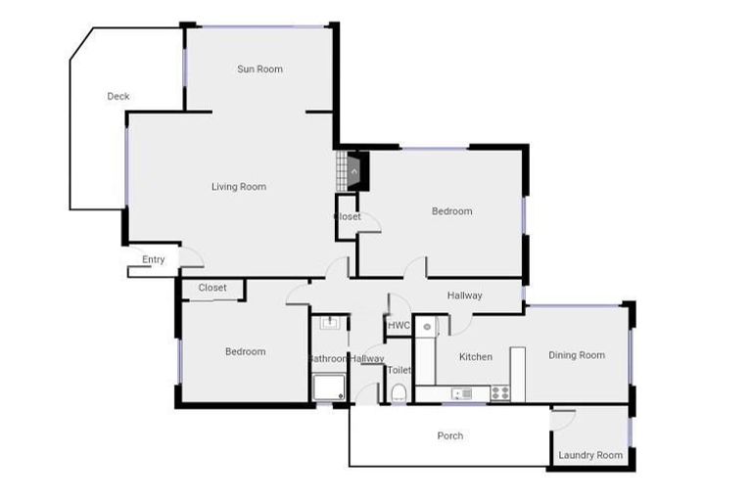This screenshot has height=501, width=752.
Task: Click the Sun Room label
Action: [259, 69]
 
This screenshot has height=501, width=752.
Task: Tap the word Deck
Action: [118, 96]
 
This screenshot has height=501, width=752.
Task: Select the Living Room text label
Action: [239, 187]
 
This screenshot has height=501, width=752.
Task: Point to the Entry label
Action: [154, 259]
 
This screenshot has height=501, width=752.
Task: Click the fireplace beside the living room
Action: [352, 171]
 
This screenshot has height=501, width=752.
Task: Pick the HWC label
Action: [399, 326]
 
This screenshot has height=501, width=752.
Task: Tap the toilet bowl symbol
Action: [399, 393]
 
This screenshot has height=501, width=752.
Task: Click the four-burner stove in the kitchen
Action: [499, 393]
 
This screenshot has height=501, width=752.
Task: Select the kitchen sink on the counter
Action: [461, 393]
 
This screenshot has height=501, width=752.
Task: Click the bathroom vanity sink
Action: [329, 322]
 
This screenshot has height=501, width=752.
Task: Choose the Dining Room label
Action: [577, 355]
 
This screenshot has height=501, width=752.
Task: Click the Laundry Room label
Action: [590, 455]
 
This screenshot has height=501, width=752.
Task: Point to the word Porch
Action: [450, 435]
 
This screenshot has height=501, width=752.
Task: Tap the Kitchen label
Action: [476, 357]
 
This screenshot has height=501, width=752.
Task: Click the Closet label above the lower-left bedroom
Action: [212, 288]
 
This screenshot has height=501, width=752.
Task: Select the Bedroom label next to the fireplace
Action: [452, 211]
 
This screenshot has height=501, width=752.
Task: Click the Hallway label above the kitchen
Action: [465, 296]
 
